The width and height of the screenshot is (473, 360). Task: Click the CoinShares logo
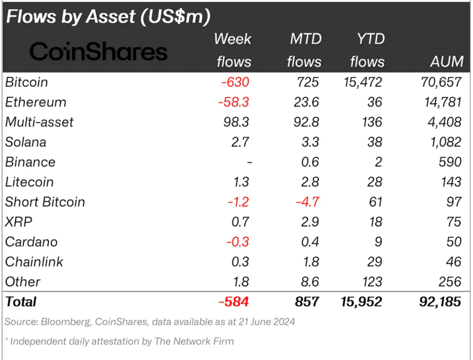(98, 52)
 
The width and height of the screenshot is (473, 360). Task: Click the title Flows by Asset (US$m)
(108, 16)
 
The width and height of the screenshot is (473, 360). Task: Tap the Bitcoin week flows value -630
(235, 82)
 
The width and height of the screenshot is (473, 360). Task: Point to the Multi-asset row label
(39, 122)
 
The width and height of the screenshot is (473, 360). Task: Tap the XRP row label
(19, 221)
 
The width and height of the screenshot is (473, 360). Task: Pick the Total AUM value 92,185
(438, 302)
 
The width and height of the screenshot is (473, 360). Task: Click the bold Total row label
(21, 302)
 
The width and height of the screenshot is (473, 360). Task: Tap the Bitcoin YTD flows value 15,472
(360, 82)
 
